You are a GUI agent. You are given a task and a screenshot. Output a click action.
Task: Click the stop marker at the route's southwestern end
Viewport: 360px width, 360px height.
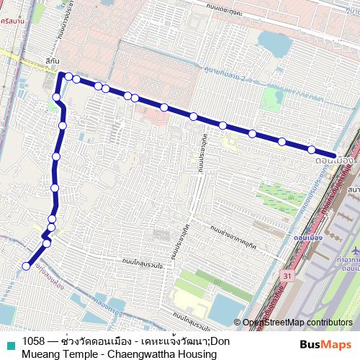point(26,266)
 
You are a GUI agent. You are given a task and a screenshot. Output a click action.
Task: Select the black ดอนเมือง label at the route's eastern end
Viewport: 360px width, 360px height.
point(335,161)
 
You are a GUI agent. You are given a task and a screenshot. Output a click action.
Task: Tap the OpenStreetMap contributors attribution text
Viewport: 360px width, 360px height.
point(297,323)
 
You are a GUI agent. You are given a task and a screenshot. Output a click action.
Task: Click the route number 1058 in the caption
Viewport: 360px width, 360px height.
point(34,341)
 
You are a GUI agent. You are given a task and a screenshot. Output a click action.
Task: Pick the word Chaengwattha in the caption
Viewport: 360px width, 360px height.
point(106,354)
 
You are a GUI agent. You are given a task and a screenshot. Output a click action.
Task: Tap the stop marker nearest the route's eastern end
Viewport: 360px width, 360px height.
point(311,150)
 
